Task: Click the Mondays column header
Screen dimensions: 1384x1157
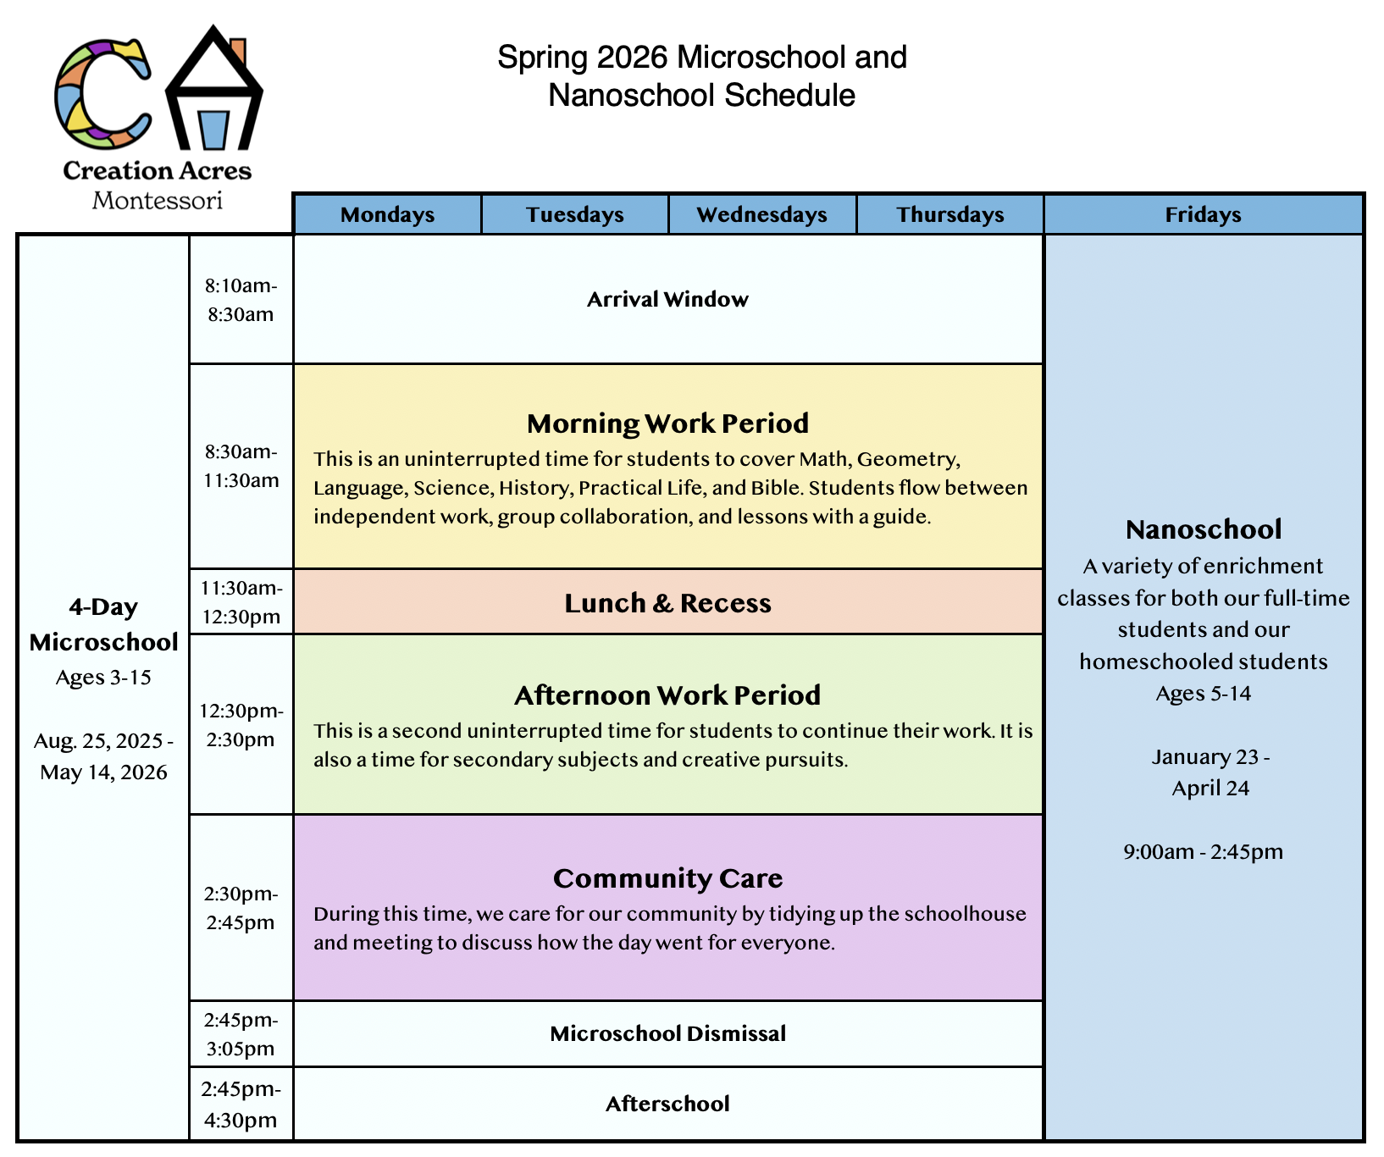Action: tap(387, 214)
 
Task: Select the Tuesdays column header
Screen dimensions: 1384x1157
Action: tap(575, 214)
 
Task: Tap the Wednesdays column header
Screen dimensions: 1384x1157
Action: tap(762, 214)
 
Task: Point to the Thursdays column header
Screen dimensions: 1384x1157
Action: tap(950, 214)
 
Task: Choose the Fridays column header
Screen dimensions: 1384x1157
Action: tap(1204, 214)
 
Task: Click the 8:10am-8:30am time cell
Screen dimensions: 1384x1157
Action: tap(241, 300)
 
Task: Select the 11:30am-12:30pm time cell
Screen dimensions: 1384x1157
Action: tap(241, 601)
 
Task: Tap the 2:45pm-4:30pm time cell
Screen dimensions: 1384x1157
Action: tap(241, 1104)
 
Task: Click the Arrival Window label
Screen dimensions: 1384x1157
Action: tap(668, 299)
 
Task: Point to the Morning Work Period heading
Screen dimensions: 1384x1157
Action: tap(668, 423)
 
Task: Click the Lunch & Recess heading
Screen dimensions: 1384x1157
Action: tap(668, 603)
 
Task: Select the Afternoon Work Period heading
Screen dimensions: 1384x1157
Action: tap(668, 695)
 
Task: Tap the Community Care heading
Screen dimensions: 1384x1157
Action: tap(668, 878)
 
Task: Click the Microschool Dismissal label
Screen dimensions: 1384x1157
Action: tap(668, 1033)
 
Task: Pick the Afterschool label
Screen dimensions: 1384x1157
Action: tap(668, 1104)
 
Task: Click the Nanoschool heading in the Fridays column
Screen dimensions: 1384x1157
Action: tap(1204, 529)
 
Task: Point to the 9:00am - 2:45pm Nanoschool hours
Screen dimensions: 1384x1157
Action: tap(1204, 851)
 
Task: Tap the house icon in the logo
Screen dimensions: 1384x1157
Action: tap(214, 89)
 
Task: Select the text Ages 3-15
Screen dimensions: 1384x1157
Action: tap(103, 678)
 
